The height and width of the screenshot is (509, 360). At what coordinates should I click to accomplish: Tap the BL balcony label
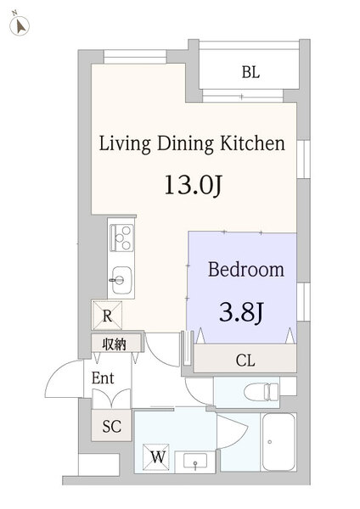coord(250,72)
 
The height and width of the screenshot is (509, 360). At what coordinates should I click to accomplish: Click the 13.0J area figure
coord(193,185)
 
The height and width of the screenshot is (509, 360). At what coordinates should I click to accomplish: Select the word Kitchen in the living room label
coord(252,143)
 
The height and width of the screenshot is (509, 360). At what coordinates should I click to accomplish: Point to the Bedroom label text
coord(246,270)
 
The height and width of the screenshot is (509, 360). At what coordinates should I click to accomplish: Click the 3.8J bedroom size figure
coord(241,312)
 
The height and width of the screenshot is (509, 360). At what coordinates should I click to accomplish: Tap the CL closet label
coord(245,360)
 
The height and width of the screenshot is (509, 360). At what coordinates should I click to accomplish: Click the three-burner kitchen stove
coord(121,238)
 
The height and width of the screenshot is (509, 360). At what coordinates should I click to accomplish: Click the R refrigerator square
coord(107,316)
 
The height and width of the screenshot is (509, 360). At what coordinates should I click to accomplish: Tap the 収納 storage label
coord(114,344)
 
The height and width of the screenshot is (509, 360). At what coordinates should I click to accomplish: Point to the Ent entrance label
coord(103,378)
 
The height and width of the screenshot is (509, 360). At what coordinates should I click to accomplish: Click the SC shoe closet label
coord(111,426)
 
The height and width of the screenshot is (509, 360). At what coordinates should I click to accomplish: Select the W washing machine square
coord(156,457)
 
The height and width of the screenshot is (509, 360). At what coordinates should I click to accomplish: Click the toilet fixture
coord(262,391)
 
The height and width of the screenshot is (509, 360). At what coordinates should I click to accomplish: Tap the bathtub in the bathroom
coord(278,442)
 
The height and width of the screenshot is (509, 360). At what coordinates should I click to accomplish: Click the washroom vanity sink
coord(195,461)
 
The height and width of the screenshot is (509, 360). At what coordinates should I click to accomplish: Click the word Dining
coord(185,144)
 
